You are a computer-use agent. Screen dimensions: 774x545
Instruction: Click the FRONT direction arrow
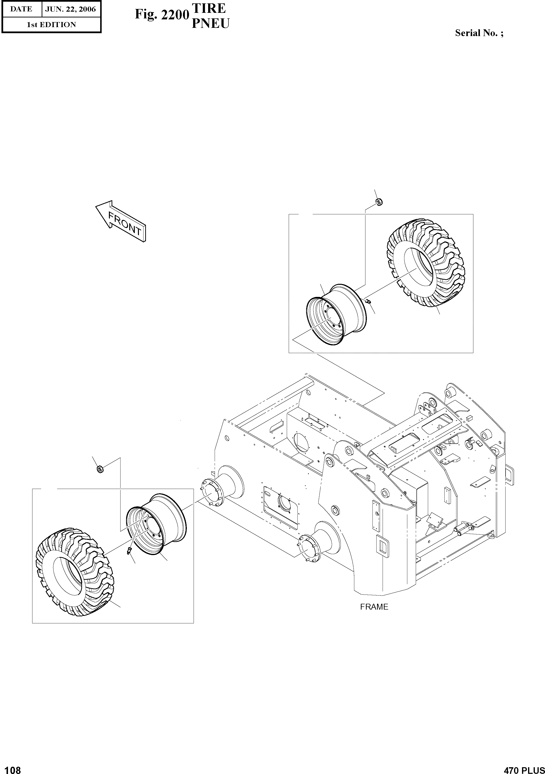point(121,222)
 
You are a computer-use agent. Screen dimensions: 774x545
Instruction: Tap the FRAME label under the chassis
point(374,607)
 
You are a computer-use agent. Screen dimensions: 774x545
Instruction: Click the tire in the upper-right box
point(425,263)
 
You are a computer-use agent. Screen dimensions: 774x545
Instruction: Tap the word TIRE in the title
point(209,8)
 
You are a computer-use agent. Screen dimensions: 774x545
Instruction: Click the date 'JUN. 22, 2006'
point(70,9)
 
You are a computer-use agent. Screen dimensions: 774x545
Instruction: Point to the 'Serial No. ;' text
point(479,33)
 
